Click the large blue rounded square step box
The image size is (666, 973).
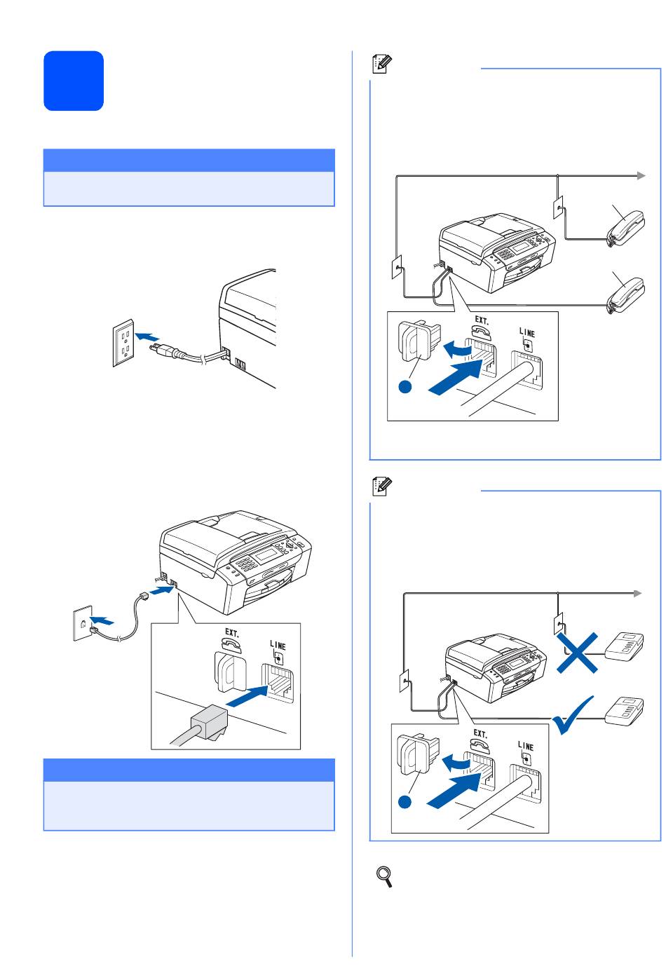coord(74,81)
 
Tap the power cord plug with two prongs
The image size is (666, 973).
coord(163,350)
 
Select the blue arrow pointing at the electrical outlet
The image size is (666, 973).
coord(147,336)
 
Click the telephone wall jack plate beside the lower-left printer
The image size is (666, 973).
coord(83,623)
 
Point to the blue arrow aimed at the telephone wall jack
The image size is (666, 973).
coord(102,620)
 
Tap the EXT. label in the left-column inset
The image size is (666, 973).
coord(231,632)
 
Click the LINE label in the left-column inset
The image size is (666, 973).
coord(278,646)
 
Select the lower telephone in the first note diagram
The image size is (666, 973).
coord(626,296)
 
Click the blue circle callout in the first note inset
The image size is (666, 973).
coord(405,386)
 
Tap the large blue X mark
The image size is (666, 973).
coord(578,653)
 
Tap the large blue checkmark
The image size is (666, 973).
coord(573,716)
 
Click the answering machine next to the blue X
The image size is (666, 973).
coord(625,647)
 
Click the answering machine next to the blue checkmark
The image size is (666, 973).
coord(625,711)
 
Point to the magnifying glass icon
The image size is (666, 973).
coord(384,876)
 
